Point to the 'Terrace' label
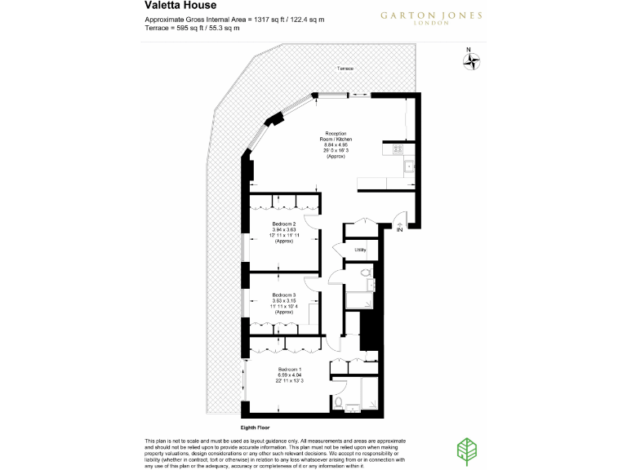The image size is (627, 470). tap(345, 69)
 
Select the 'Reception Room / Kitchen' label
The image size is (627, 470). tap(336, 137)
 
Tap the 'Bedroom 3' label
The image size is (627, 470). tap(283, 295)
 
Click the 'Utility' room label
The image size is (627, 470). tap(359, 251)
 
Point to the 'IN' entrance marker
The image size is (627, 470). tap(399, 231)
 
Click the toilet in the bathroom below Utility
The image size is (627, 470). tap(365, 273)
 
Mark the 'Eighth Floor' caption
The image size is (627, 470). tap(255, 427)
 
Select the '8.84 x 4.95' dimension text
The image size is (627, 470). tap(336, 144)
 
